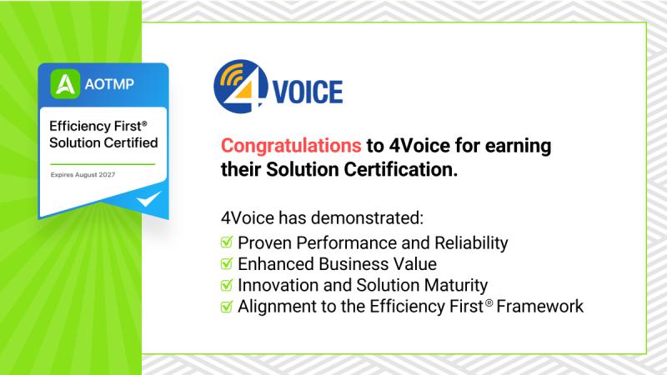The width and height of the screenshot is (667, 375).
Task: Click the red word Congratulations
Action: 291,146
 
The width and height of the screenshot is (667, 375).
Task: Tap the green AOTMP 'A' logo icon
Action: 65,84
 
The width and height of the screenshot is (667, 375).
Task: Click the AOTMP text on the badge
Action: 109,84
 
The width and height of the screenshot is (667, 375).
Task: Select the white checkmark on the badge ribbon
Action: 148,198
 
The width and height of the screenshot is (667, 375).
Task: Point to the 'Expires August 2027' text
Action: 83,175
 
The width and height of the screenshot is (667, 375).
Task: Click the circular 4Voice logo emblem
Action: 241,87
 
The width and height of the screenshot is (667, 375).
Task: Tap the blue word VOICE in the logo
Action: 308,92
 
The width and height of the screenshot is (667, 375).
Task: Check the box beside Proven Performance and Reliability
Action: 227,242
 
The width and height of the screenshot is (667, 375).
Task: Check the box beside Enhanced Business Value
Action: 227,263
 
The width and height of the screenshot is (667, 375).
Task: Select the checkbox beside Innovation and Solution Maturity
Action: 227,285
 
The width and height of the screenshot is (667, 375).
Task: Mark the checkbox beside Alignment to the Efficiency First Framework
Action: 227,306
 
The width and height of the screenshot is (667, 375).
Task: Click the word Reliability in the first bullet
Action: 471,243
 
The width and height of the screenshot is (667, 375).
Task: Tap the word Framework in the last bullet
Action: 539,307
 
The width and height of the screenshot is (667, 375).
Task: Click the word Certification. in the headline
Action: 401,170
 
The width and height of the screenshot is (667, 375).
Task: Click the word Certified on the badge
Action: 133,142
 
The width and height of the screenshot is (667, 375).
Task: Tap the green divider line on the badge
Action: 103,163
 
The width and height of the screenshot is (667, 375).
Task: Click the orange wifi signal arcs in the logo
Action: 231,75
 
